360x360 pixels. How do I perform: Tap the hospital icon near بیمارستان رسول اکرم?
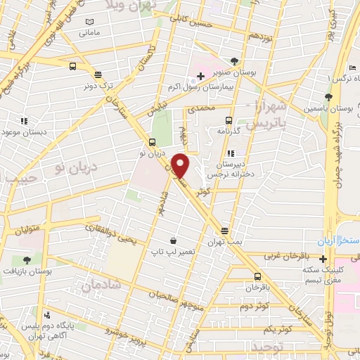point(200,75)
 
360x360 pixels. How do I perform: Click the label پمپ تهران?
point(224,241)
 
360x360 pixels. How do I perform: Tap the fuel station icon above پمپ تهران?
point(224,230)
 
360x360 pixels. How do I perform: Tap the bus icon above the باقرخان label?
point(257,276)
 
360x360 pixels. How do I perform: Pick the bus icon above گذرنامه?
point(229,120)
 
